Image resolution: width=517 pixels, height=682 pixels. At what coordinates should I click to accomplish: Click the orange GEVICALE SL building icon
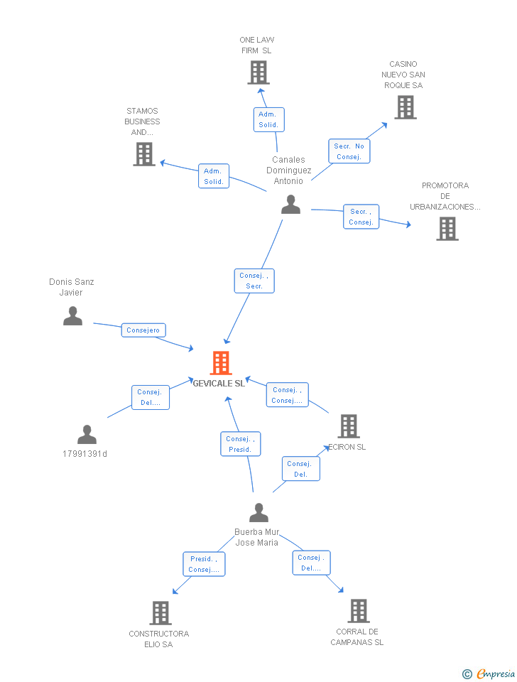(x=221, y=362)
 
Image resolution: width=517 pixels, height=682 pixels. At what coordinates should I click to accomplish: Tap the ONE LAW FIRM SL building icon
(x=258, y=72)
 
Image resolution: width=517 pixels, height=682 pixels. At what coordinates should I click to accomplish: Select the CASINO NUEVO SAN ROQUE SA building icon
(x=406, y=107)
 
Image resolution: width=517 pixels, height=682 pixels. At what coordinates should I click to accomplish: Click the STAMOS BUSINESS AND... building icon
(x=144, y=154)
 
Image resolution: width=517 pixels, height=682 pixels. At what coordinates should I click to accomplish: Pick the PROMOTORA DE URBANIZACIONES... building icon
(x=447, y=229)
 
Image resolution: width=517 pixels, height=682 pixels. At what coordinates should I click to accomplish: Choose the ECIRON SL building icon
(x=349, y=426)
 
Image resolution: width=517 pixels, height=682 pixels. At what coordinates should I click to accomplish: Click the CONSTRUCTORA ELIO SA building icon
(x=160, y=612)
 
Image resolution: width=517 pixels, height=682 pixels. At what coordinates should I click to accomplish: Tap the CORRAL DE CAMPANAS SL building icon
(x=359, y=610)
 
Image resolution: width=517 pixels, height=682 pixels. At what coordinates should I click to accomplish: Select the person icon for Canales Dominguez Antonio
(x=290, y=205)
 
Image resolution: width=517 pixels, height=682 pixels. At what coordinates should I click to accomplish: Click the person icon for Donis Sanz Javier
(x=72, y=316)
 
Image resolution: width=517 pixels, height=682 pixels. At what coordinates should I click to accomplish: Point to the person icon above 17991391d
(x=87, y=434)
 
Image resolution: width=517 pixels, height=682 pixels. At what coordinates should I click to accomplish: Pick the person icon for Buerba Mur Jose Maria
(x=259, y=512)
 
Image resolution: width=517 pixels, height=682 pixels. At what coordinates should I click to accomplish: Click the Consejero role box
(x=143, y=330)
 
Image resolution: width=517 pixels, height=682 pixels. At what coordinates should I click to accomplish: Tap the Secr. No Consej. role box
(x=349, y=151)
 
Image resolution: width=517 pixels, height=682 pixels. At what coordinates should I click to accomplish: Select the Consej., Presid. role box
(x=240, y=444)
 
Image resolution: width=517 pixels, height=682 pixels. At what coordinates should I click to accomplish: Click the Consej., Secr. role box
(x=254, y=281)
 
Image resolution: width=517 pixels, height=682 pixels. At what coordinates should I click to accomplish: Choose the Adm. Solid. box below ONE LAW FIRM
(x=268, y=119)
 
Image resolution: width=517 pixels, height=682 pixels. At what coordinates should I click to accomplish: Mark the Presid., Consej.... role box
(x=204, y=564)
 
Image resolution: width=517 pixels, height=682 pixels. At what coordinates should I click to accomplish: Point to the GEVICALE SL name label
(x=219, y=383)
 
